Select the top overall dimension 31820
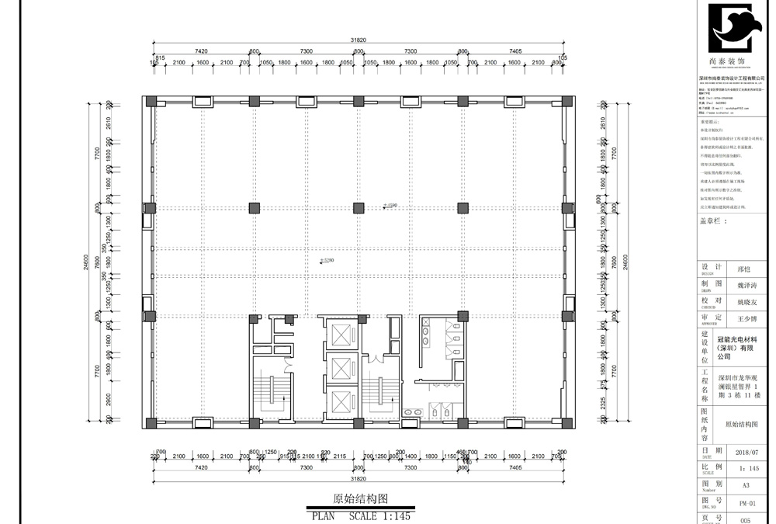click(358, 40)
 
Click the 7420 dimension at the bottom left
click(201, 468)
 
